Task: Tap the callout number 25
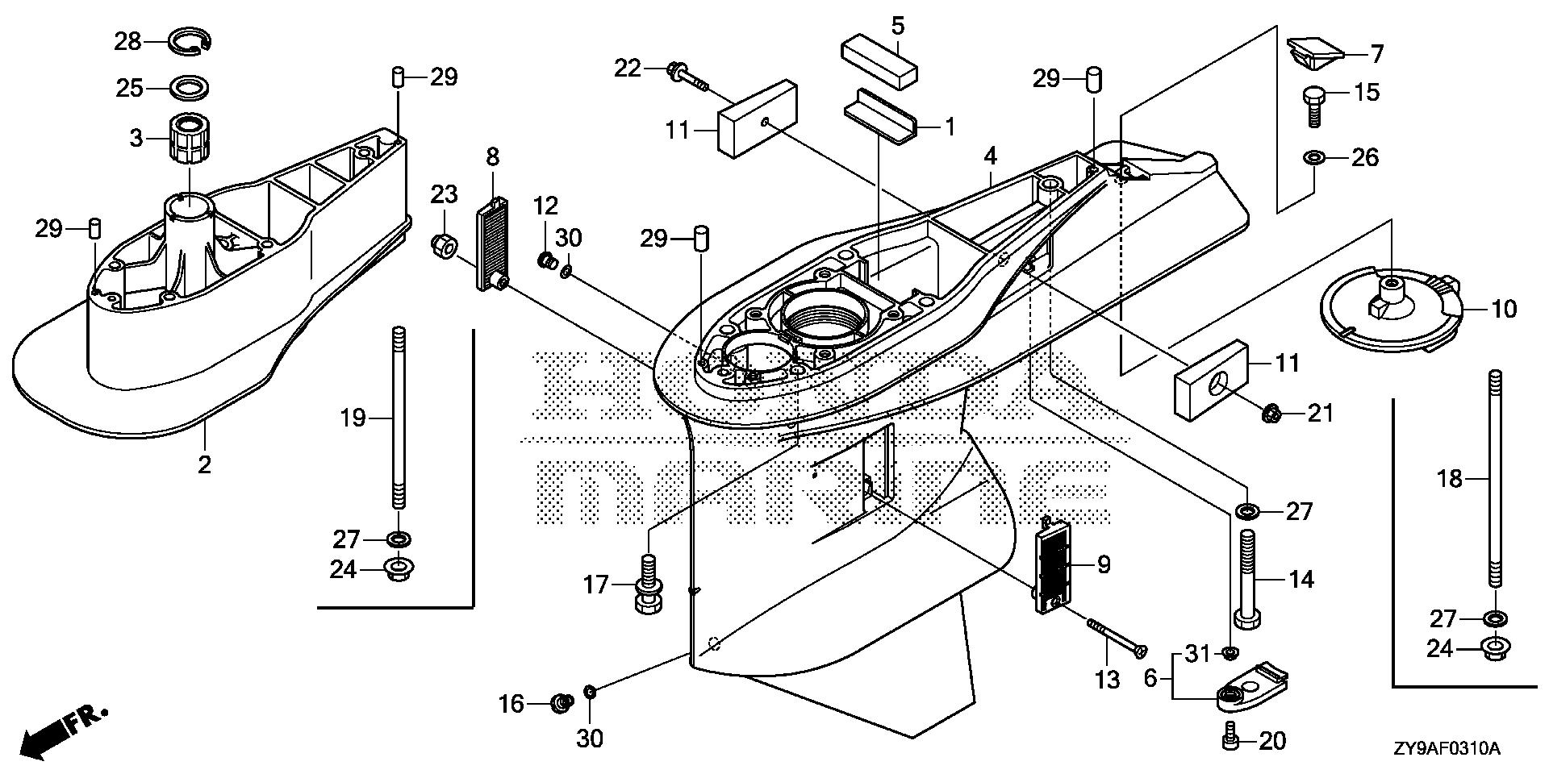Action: pos(128,88)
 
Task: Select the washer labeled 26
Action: pos(1314,156)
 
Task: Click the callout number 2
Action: pos(204,464)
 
